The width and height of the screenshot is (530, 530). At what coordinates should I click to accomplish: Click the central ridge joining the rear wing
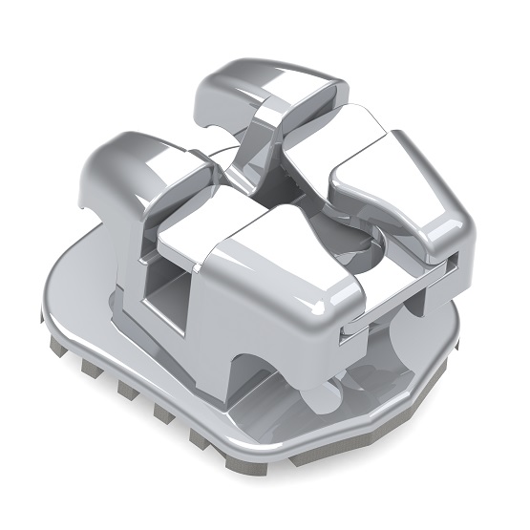point(258,153)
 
